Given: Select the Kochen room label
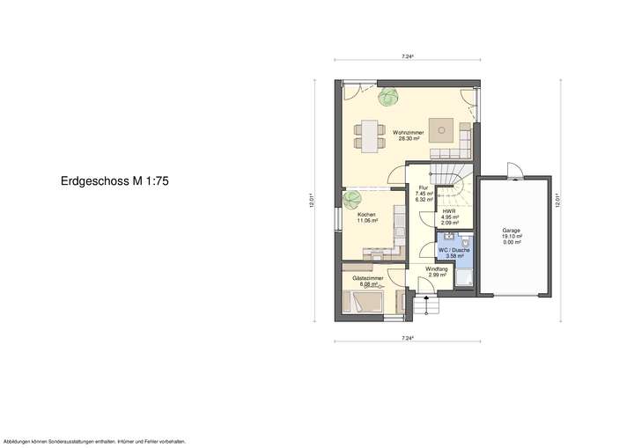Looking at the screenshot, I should [x=367, y=217].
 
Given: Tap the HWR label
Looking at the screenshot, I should [x=449, y=213].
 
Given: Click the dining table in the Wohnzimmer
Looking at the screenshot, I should [x=369, y=136].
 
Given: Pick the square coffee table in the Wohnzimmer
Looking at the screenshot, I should [x=439, y=129].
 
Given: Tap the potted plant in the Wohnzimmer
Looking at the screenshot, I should [x=387, y=96].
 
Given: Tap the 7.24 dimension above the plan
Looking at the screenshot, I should [x=407, y=57].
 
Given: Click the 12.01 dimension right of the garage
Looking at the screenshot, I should [x=558, y=202].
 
